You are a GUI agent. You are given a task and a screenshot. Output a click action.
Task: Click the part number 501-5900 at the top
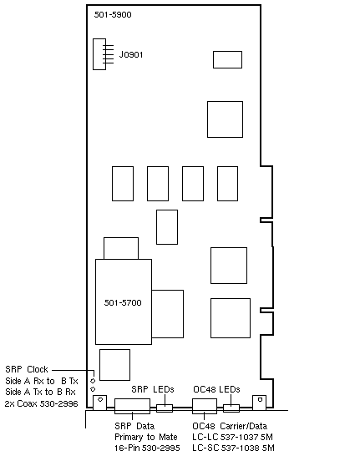(113, 14)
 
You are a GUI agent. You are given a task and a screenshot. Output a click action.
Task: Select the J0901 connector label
(131, 54)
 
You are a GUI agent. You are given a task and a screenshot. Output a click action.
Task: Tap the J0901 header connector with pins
(99, 54)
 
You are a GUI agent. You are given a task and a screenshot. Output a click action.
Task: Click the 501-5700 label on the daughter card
(123, 302)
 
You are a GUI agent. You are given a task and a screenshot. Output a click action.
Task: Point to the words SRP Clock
(27, 369)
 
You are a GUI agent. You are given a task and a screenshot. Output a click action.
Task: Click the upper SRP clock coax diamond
(93, 381)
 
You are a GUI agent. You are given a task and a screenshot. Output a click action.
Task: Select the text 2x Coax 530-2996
(41, 403)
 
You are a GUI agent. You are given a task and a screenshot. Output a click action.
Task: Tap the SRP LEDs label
(153, 389)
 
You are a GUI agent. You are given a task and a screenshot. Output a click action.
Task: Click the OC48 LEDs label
(216, 389)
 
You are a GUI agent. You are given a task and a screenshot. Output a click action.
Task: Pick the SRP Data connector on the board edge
(132, 406)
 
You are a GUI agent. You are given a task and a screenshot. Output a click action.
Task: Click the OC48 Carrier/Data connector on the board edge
(205, 406)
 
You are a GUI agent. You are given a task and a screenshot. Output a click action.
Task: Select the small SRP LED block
(165, 408)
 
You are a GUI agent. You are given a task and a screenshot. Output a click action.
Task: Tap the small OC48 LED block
(231, 408)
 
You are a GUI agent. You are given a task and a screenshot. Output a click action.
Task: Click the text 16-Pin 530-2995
(147, 448)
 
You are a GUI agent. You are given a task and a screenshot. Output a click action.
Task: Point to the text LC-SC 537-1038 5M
(233, 448)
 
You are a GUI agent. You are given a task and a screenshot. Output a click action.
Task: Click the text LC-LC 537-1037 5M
(233, 437)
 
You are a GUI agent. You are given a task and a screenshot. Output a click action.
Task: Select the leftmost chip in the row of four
(123, 184)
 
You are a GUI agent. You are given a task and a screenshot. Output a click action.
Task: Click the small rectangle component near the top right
(227, 59)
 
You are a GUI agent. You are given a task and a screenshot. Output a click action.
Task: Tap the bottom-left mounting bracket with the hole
(99, 403)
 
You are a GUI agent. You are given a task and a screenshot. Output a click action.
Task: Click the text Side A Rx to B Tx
(42, 381)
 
